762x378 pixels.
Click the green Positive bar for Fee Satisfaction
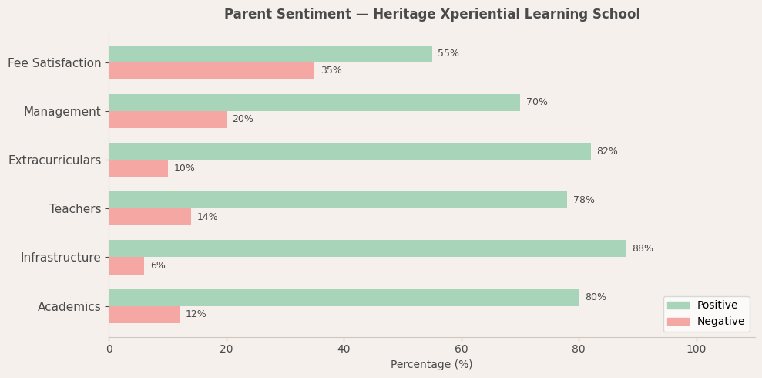tap(270, 54)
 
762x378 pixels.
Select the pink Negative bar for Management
tap(167, 120)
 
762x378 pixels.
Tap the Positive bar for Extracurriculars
tap(349, 151)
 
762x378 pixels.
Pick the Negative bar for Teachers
tap(149, 217)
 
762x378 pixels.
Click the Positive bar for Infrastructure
tap(367, 248)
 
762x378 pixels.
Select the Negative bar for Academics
tap(144, 315)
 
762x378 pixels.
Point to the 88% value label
tap(642, 249)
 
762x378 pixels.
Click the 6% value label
tap(157, 266)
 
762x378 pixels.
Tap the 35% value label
tap(331, 71)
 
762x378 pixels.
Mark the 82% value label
tap(606, 152)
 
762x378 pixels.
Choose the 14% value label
tap(207, 218)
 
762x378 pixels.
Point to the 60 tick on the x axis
tap(461, 349)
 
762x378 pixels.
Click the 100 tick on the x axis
tap(696, 349)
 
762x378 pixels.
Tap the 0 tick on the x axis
tap(109, 349)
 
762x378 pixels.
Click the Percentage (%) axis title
tap(431, 365)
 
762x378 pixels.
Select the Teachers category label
tap(75, 209)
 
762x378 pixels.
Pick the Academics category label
tap(69, 307)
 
